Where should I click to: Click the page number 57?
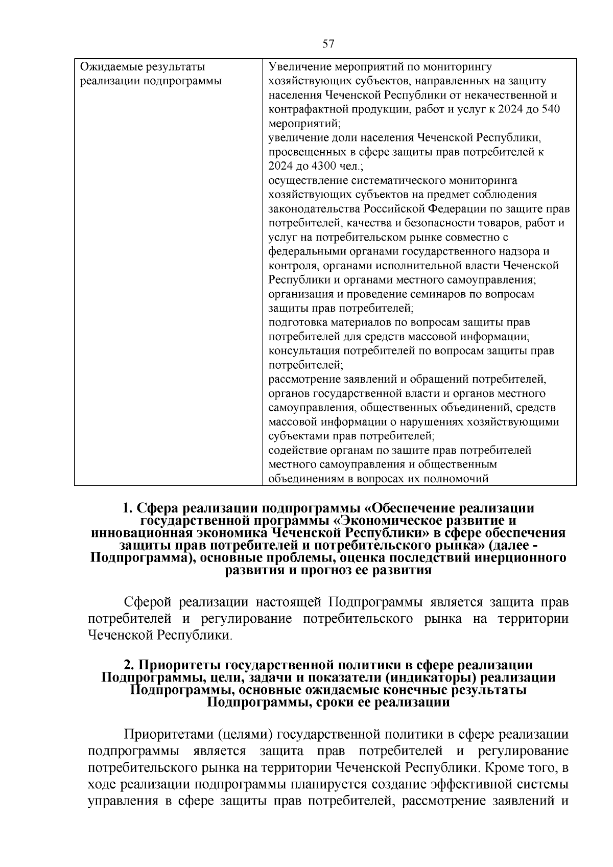tap(328, 44)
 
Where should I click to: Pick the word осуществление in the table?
tap(308, 180)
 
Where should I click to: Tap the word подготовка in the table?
tap(297, 323)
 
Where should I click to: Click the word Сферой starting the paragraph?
tap(148, 602)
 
